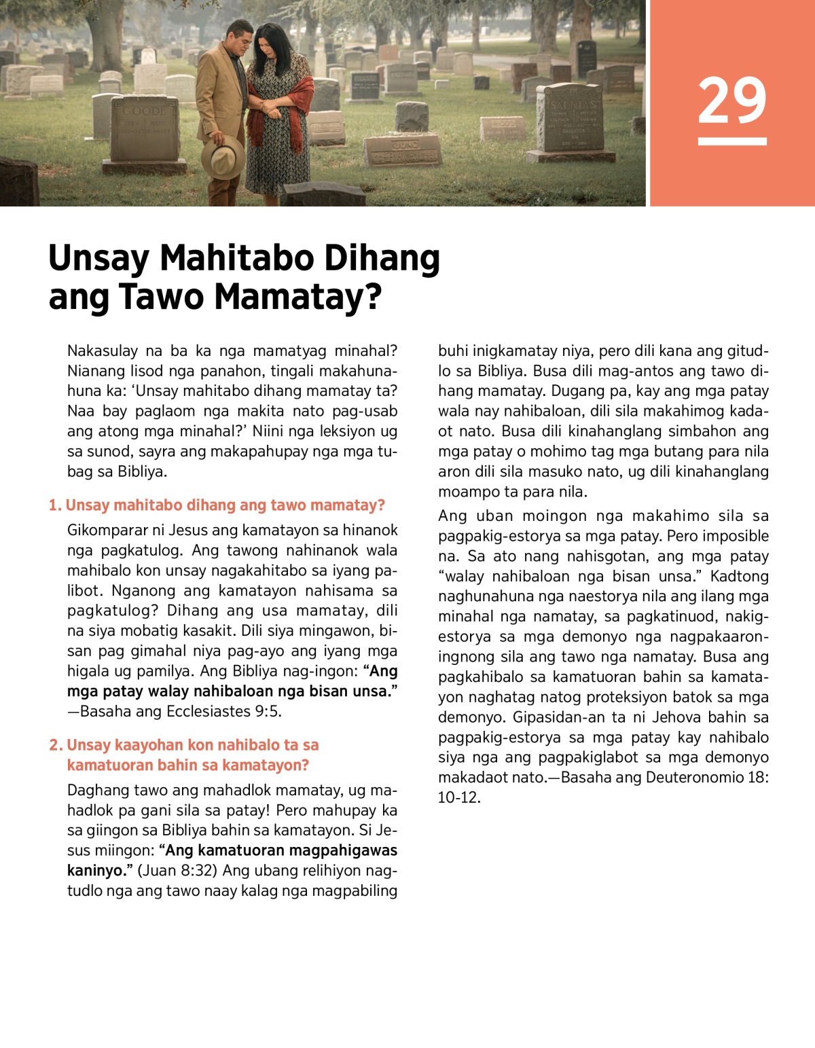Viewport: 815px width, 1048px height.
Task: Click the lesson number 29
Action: (x=731, y=101)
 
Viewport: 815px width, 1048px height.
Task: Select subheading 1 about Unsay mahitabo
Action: (x=217, y=505)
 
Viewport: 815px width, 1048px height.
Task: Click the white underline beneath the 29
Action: (x=731, y=142)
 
